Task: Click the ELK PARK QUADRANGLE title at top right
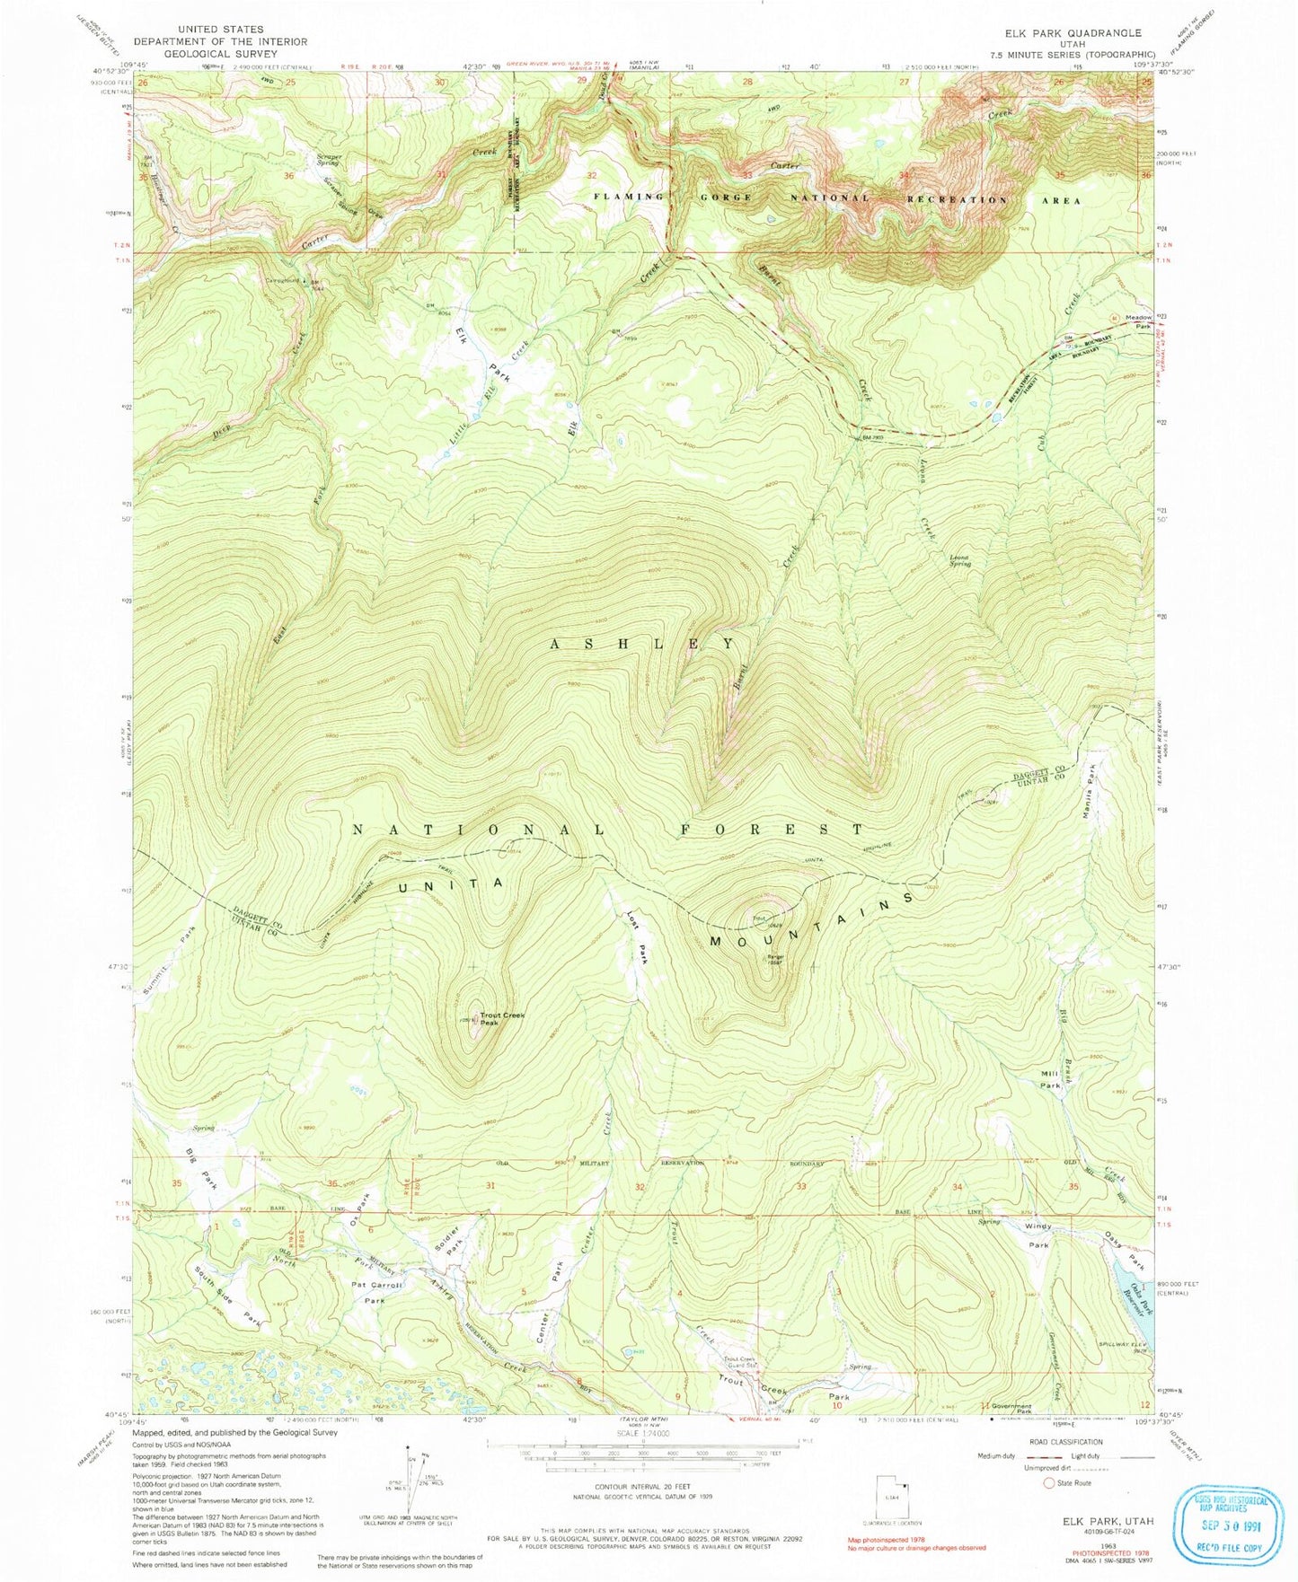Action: [1061, 33]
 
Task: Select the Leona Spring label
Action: [960, 560]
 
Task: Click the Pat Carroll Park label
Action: [376, 1292]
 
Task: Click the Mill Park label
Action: [1050, 1079]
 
